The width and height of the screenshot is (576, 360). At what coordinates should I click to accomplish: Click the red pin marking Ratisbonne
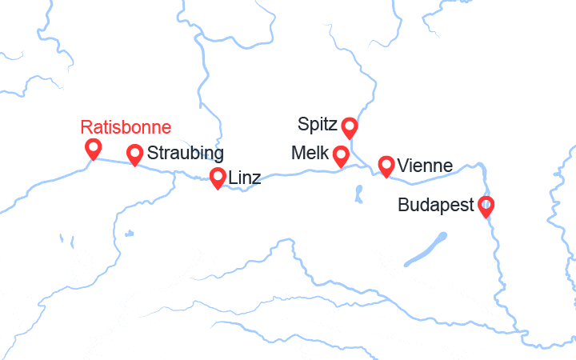pos(93,148)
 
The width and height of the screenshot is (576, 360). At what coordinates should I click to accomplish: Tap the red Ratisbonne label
pos(126,127)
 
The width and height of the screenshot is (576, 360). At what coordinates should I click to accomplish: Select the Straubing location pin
pos(134,154)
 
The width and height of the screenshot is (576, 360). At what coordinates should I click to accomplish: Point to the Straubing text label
pos(186,153)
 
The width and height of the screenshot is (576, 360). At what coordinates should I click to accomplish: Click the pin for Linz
pos(218,178)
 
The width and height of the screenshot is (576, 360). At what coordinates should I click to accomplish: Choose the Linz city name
pos(245,178)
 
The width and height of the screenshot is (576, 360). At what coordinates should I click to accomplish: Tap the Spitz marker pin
pos(349,126)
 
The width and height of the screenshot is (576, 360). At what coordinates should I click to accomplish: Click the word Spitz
pos(317,124)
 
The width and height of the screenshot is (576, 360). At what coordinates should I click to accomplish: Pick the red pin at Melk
pos(341,155)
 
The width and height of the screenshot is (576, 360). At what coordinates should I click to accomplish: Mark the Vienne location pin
pos(386,166)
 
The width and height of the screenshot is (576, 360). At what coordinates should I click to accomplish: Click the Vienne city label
pos(425,166)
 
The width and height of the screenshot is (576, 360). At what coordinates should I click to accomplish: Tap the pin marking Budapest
pos(486,206)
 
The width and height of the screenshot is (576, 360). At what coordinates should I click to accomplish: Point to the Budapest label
pos(436,206)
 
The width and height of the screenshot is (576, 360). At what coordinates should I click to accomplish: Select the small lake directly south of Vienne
pos(358,193)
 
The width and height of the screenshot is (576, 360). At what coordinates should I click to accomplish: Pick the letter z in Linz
pos(256,178)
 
